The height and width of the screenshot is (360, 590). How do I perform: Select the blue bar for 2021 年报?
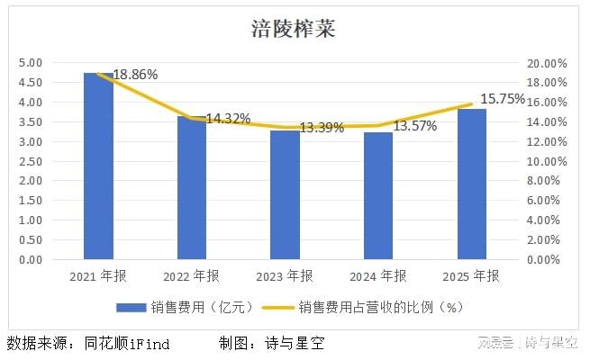coord(99,166)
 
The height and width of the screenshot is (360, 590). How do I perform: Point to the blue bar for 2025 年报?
coord(471,184)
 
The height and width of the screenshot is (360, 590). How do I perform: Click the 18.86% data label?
coord(134,75)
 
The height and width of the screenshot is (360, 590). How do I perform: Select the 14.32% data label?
coord(227,119)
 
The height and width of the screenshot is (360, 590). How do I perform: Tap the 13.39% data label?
coord(321,128)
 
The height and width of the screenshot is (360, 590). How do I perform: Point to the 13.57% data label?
coord(414,126)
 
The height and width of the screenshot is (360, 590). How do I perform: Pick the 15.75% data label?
coord(503,100)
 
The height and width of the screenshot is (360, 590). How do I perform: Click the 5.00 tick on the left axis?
coord(31,63)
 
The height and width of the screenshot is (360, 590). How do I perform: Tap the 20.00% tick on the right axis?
coord(548,63)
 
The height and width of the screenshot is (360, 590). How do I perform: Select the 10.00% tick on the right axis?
coord(548,161)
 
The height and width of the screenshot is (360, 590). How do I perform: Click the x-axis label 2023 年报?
coord(285,275)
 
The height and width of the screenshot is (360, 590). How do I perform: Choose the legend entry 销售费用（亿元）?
coord(186,308)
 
